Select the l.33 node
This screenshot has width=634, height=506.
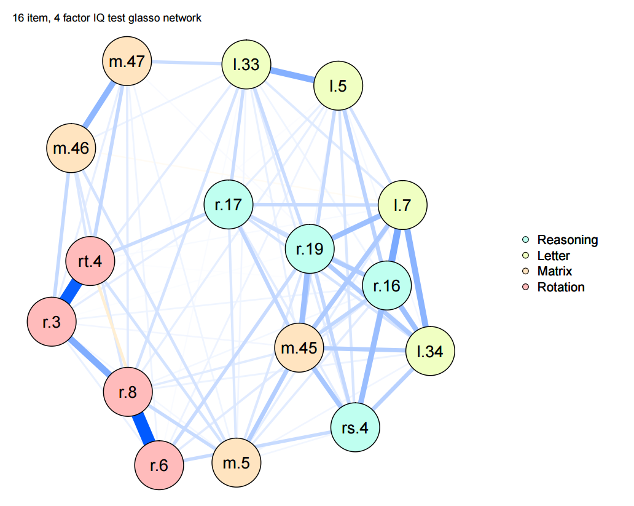click(246, 64)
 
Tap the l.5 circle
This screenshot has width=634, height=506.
click(339, 86)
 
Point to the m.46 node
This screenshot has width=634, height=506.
click(71, 148)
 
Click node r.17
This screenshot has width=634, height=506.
click(229, 204)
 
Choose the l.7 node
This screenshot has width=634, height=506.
click(402, 205)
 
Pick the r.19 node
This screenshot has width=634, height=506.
click(310, 249)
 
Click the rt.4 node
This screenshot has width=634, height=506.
click(90, 261)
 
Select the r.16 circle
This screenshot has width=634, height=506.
click(386, 286)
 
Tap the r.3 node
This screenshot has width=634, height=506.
click(52, 322)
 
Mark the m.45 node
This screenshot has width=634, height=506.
click(299, 349)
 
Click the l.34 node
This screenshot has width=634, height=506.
click(430, 351)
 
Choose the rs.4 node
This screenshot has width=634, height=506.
click(355, 427)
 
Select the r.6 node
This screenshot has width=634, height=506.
click(159, 465)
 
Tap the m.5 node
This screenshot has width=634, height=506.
click(236, 462)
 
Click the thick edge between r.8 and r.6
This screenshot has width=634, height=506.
click(143, 428)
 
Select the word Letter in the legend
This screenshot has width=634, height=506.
click(554, 256)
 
